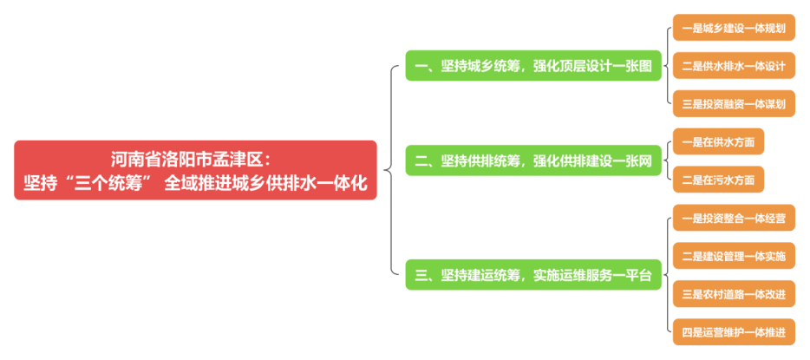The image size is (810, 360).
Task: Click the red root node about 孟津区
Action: [x=195, y=170]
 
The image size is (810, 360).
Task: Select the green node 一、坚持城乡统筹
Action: [x=532, y=66]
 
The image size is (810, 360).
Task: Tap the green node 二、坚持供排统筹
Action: [x=532, y=160]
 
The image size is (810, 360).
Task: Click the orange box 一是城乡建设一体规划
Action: [x=733, y=29]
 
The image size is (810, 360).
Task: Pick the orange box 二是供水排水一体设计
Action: [x=733, y=66]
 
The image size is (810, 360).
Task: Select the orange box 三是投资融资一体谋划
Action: [x=733, y=103]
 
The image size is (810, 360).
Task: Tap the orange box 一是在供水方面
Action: [x=718, y=141]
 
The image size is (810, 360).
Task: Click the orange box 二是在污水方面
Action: [x=718, y=180]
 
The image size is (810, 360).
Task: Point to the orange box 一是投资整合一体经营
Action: [x=733, y=218]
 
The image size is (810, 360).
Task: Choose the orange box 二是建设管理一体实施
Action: [x=733, y=256]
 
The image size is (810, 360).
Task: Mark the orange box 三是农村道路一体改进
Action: [x=733, y=294]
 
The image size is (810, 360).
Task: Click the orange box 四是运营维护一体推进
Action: [x=733, y=331]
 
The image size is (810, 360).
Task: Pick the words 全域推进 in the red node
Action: [x=201, y=183]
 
